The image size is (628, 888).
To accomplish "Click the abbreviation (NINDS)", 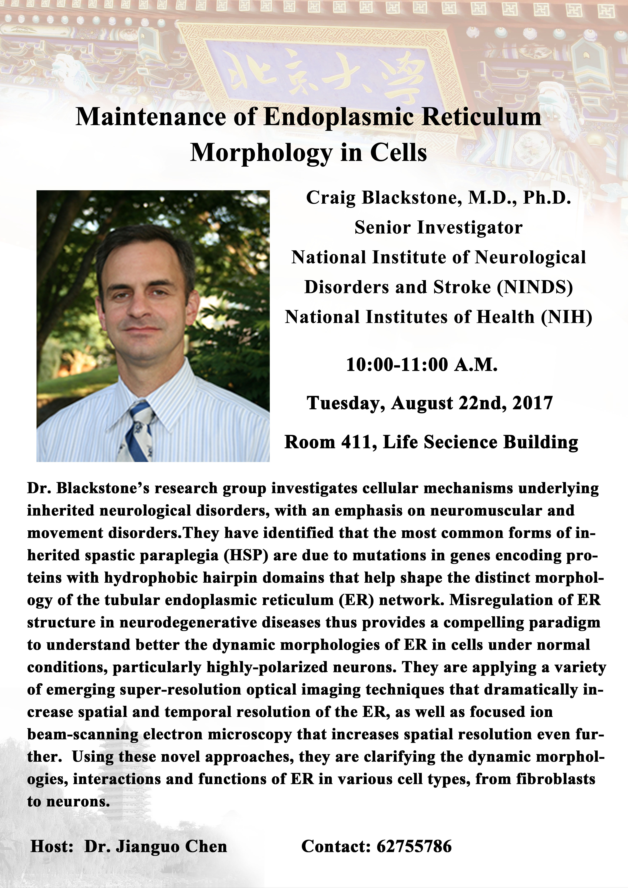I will tap(535, 287).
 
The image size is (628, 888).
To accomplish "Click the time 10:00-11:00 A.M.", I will tap(422, 364).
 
